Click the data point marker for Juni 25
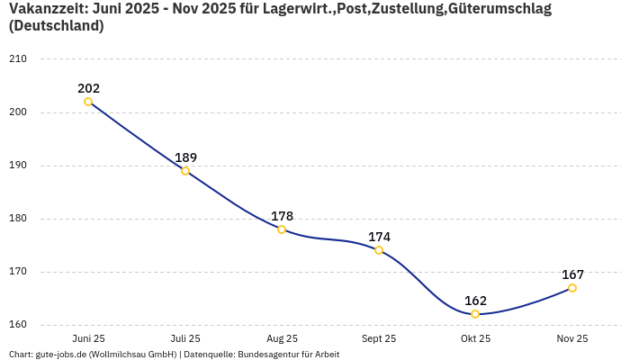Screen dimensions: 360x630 (88, 102)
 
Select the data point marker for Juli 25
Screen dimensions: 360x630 (185, 171)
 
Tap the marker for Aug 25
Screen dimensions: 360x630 (282, 229)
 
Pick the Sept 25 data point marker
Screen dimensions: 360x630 (379, 250)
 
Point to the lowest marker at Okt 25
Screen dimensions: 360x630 (475, 314)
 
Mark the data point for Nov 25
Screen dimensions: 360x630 (572, 288)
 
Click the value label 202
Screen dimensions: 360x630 (88, 88)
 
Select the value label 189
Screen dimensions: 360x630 (185, 157)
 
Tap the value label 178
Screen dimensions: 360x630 (282, 216)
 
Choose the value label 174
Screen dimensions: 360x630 (379, 237)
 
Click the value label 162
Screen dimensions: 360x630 (475, 301)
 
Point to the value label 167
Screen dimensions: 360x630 (572, 274)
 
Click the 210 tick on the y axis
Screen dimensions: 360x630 (17, 59)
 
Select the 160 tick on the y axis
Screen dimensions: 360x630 (17, 325)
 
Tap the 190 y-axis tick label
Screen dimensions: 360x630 (17, 166)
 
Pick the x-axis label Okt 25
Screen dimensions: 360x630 (475, 338)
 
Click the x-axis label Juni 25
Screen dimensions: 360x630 (88, 338)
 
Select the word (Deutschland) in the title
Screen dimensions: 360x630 (56, 26)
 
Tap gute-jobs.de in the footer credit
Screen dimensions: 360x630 (60, 354)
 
